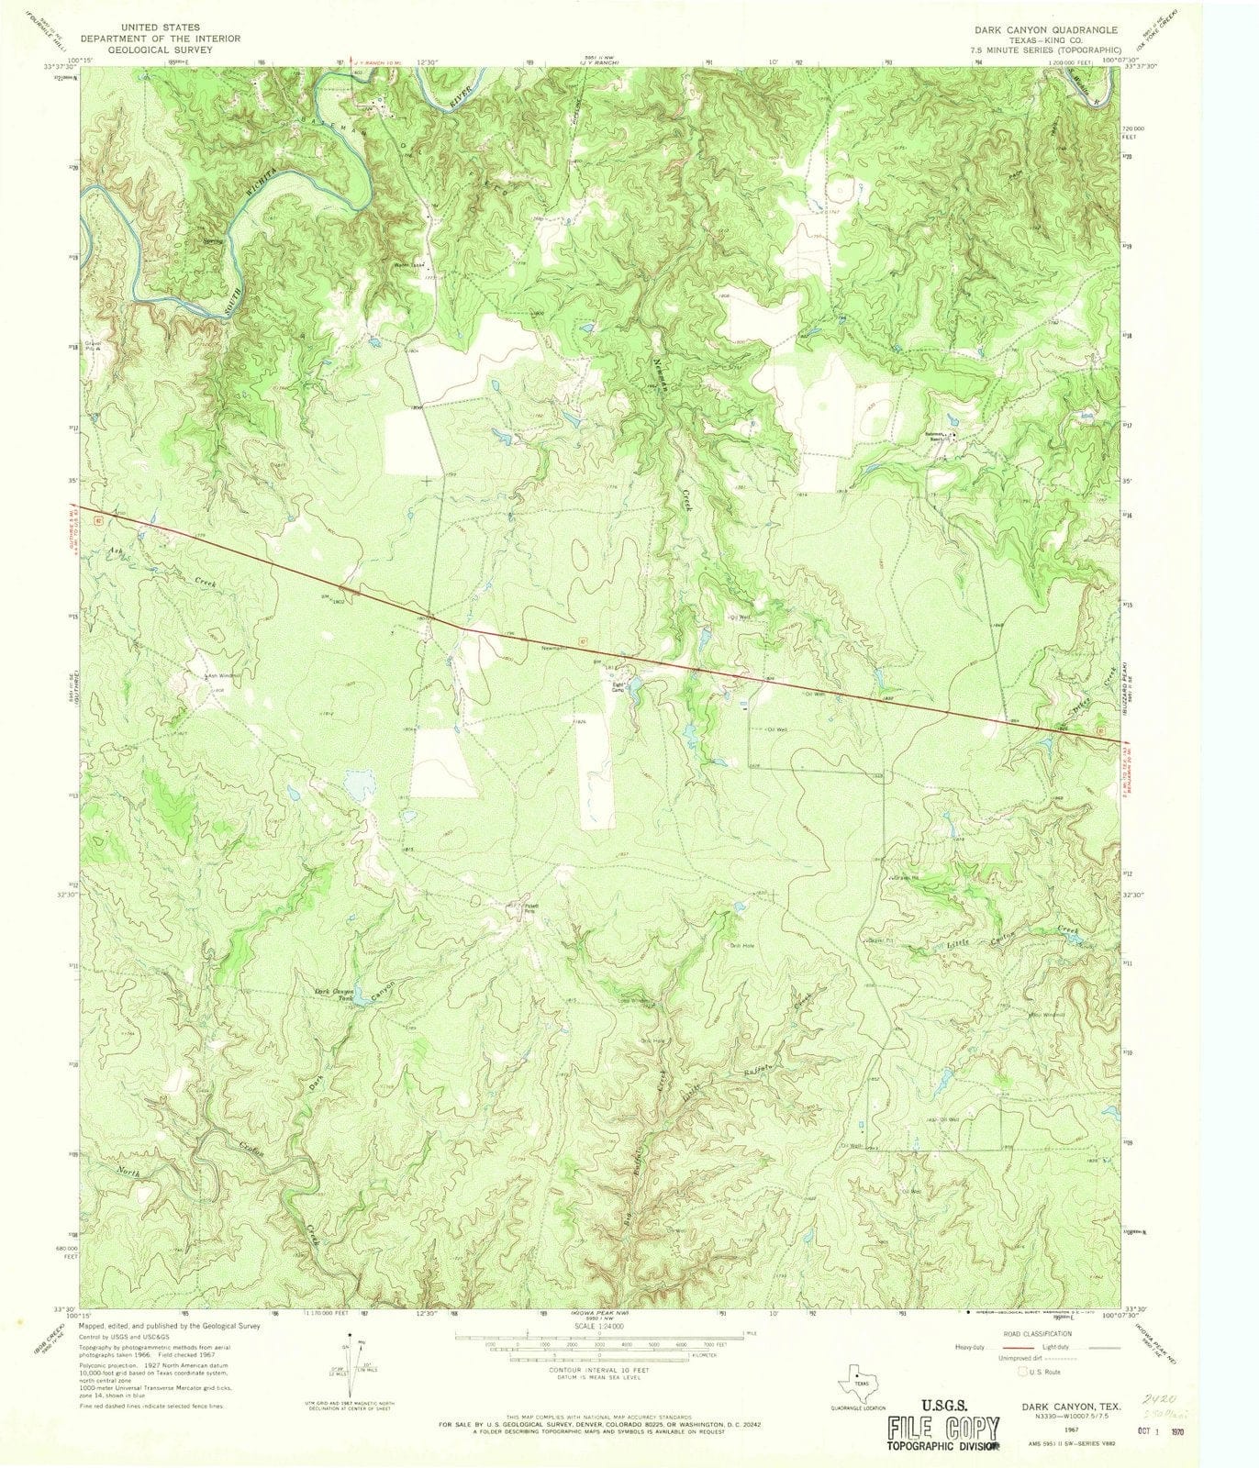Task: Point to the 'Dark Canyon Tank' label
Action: (334, 995)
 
